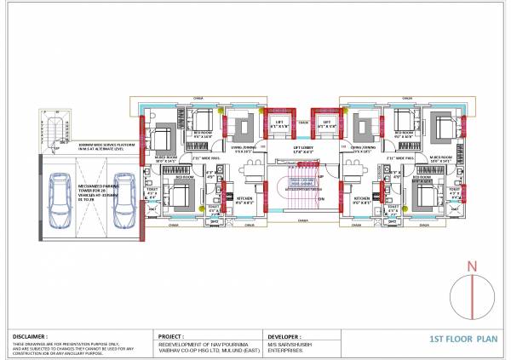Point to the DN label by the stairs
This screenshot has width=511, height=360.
point(322,199)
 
